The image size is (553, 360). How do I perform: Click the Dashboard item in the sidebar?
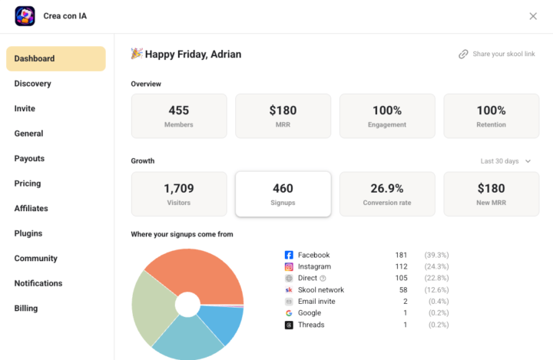[x=56, y=58]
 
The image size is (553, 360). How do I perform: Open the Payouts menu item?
[x=29, y=159]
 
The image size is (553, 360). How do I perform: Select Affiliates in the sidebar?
[x=31, y=208]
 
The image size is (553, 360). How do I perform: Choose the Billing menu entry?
[x=26, y=308]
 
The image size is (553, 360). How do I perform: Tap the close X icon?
[x=533, y=16]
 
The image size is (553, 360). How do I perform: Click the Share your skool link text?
[x=504, y=54]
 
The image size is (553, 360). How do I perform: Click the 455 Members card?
[x=179, y=116]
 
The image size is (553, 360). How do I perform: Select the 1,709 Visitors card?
[x=179, y=194]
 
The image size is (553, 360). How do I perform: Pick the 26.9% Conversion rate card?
[x=387, y=194]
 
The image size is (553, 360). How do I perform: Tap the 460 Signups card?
[x=283, y=194]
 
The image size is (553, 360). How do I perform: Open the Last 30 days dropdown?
[x=505, y=161]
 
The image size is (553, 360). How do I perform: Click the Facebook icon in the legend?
[x=289, y=255]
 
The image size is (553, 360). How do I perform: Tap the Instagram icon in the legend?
[x=289, y=266]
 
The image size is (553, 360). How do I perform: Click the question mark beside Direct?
[x=323, y=279]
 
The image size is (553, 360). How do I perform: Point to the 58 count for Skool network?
[x=403, y=290]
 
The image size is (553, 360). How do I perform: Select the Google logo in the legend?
[x=289, y=313]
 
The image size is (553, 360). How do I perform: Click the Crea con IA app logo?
[x=25, y=16]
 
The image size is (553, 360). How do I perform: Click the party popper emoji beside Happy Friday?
[x=137, y=54]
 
